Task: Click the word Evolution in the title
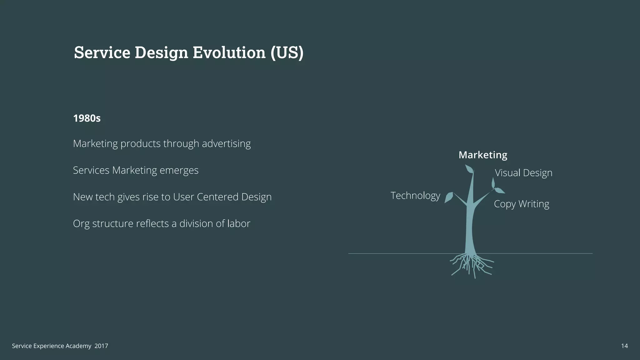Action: (229, 52)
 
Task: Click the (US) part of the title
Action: (287, 52)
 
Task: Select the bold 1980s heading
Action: (87, 118)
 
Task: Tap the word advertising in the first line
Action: (226, 144)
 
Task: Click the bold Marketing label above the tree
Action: (483, 155)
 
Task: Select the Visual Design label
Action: (523, 173)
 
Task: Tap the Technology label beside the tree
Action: (415, 196)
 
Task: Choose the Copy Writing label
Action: (521, 204)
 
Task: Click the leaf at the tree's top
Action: (469, 169)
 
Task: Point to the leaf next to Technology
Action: (449, 197)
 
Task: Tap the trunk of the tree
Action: (469, 228)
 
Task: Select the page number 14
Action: (624, 346)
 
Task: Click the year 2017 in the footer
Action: (101, 346)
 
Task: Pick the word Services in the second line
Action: (91, 170)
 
